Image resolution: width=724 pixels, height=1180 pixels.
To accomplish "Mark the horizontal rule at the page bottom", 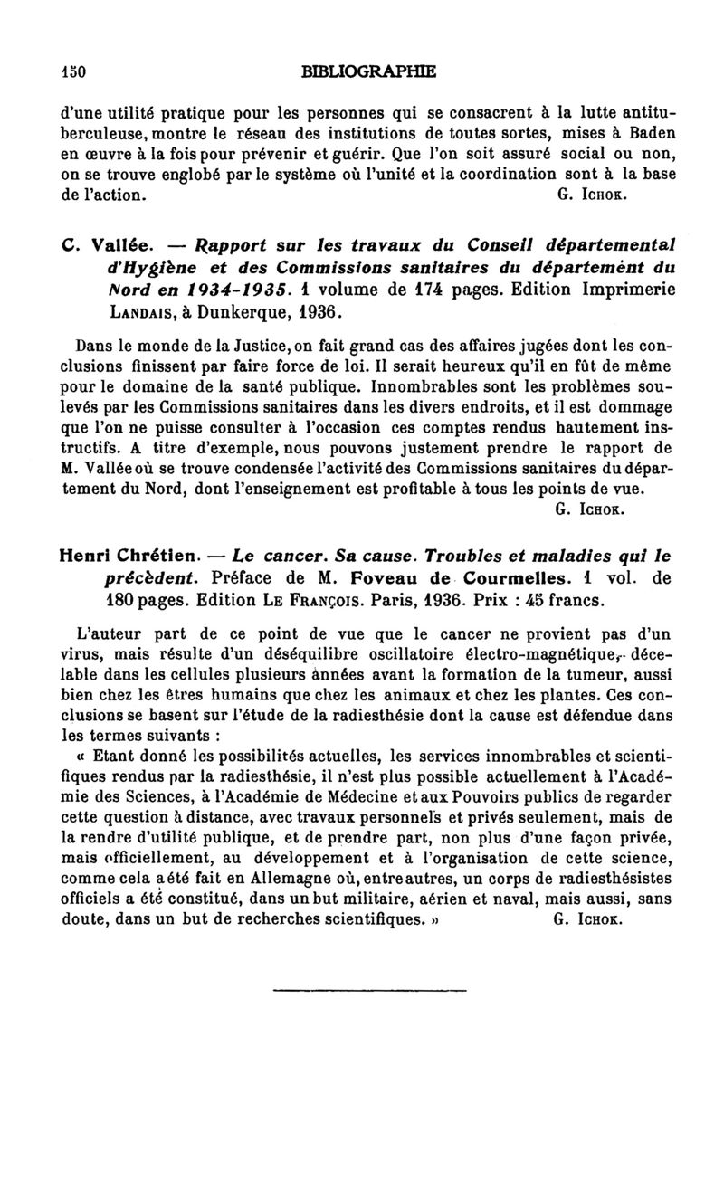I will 368,990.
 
